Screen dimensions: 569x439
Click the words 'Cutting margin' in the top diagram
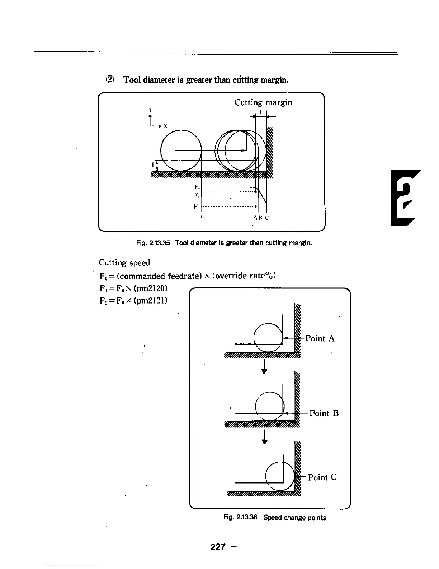263,103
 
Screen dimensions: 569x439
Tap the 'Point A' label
320,338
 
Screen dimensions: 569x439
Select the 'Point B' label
324,413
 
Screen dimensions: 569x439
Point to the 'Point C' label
322,477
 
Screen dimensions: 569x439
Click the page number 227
218,547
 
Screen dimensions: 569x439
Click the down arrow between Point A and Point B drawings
264,367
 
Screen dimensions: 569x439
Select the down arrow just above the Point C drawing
264,437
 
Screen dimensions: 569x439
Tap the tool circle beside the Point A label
268,337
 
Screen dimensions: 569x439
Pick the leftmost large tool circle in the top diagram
181,150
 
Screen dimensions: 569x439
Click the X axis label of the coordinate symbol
165,126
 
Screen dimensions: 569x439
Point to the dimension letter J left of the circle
153,165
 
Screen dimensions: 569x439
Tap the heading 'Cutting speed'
124,263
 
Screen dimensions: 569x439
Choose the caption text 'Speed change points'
295,518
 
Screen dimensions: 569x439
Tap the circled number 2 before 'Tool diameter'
111,79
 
